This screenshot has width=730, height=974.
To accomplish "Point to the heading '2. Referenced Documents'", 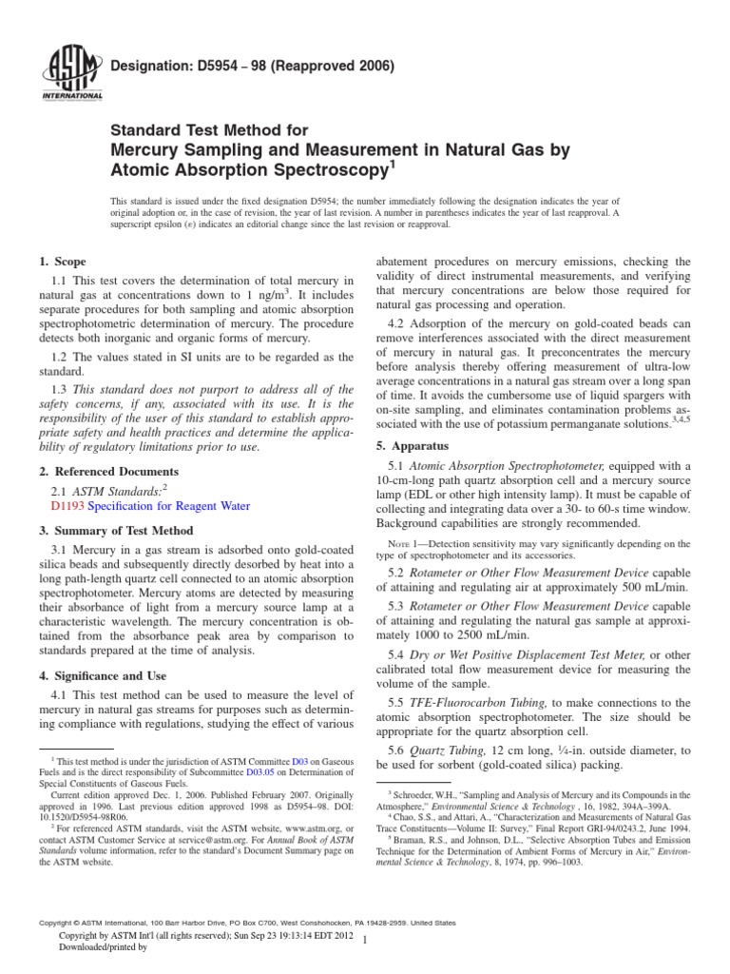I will coord(107,472).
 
